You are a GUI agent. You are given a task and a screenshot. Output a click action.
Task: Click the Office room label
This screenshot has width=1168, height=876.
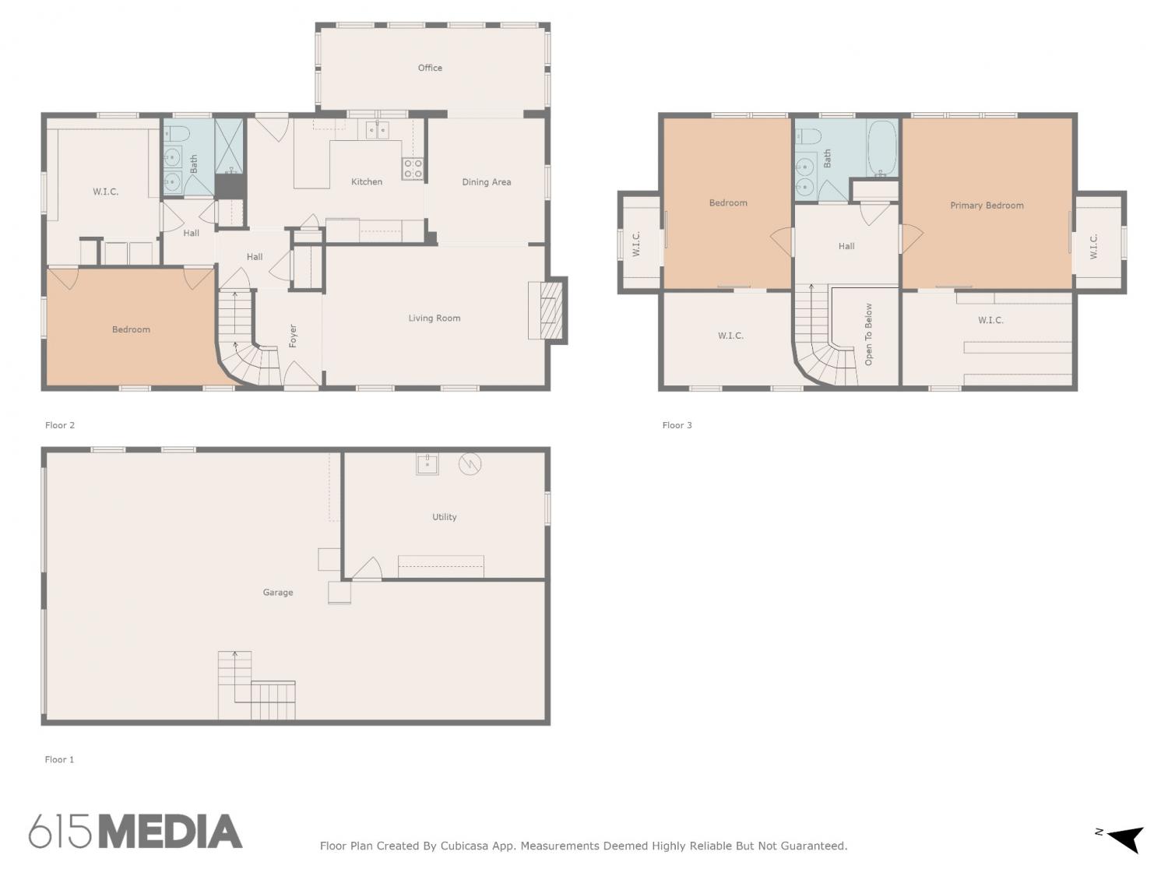coord(429,68)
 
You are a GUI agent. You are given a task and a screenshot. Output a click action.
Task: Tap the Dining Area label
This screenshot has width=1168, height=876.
coord(486,182)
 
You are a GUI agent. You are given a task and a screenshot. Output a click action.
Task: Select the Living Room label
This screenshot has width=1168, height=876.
coord(434,318)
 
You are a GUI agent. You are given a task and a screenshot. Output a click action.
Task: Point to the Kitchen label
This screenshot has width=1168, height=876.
coord(366,182)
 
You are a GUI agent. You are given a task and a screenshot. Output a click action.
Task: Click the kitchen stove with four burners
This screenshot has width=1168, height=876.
coord(412,168)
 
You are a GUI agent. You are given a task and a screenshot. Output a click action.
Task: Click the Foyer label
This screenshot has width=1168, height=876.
coord(292,336)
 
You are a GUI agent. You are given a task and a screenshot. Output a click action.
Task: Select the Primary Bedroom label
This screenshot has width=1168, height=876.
coord(987,206)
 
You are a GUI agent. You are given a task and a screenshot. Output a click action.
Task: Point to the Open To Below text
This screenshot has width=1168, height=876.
coord(868,334)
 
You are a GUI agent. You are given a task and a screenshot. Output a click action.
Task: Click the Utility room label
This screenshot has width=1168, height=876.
coord(444,517)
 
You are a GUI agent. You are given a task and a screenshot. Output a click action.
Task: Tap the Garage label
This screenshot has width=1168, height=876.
coord(277,593)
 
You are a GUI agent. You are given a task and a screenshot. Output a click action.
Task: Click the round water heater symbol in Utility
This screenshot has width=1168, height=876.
coord(470,464)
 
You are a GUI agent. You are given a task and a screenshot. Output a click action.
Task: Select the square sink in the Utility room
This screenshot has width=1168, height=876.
coord(427,464)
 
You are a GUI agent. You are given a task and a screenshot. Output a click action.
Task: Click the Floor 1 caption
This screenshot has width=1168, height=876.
coord(59,759)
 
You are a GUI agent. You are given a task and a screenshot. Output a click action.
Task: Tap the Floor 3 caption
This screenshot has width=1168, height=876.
coord(677,425)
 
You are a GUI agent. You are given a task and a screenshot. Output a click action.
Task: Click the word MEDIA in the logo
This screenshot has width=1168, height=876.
coord(171,832)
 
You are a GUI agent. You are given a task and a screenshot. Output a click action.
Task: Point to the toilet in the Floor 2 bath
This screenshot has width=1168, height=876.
coord(176,133)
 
